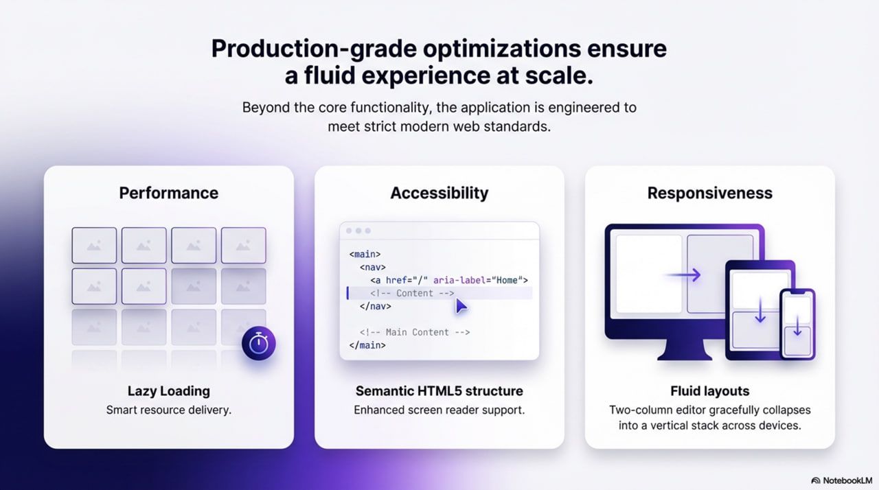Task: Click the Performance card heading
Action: [x=169, y=193]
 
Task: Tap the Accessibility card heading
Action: [x=439, y=193]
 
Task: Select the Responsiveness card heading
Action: [x=710, y=193]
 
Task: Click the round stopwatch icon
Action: [x=259, y=343]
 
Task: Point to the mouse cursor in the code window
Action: [x=461, y=306]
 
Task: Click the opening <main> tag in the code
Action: [x=365, y=255]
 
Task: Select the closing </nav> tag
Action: [x=376, y=306]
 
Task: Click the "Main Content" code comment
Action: [x=415, y=332]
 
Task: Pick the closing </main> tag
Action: [x=367, y=345]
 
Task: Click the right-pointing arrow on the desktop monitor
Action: [x=682, y=275]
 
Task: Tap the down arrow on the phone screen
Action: [x=797, y=326]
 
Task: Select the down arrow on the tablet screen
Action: [x=760, y=310]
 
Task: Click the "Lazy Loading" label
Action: [x=169, y=390]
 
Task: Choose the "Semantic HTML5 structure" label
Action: [x=439, y=390]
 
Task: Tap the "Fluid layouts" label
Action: [x=710, y=390]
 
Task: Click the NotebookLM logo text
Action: [x=847, y=480]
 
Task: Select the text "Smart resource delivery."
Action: [x=169, y=410]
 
